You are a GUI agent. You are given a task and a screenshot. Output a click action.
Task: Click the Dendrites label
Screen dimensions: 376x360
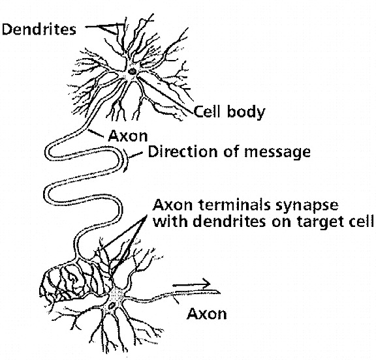point(39,30)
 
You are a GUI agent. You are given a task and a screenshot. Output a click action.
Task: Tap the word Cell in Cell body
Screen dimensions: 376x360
point(207,112)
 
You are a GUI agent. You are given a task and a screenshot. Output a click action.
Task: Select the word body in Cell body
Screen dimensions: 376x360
point(246,113)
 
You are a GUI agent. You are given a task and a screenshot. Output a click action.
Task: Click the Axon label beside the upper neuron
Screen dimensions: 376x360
point(128,136)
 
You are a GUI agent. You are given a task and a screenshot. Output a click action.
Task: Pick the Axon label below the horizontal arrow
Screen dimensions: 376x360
point(207,314)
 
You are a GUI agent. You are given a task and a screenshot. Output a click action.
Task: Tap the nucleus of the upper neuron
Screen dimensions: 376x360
point(132,71)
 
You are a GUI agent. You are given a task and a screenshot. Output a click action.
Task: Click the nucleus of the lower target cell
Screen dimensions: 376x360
point(112,306)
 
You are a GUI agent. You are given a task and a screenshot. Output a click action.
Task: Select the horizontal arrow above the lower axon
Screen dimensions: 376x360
point(191,284)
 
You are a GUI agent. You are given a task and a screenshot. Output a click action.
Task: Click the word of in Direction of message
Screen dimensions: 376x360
point(231,152)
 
